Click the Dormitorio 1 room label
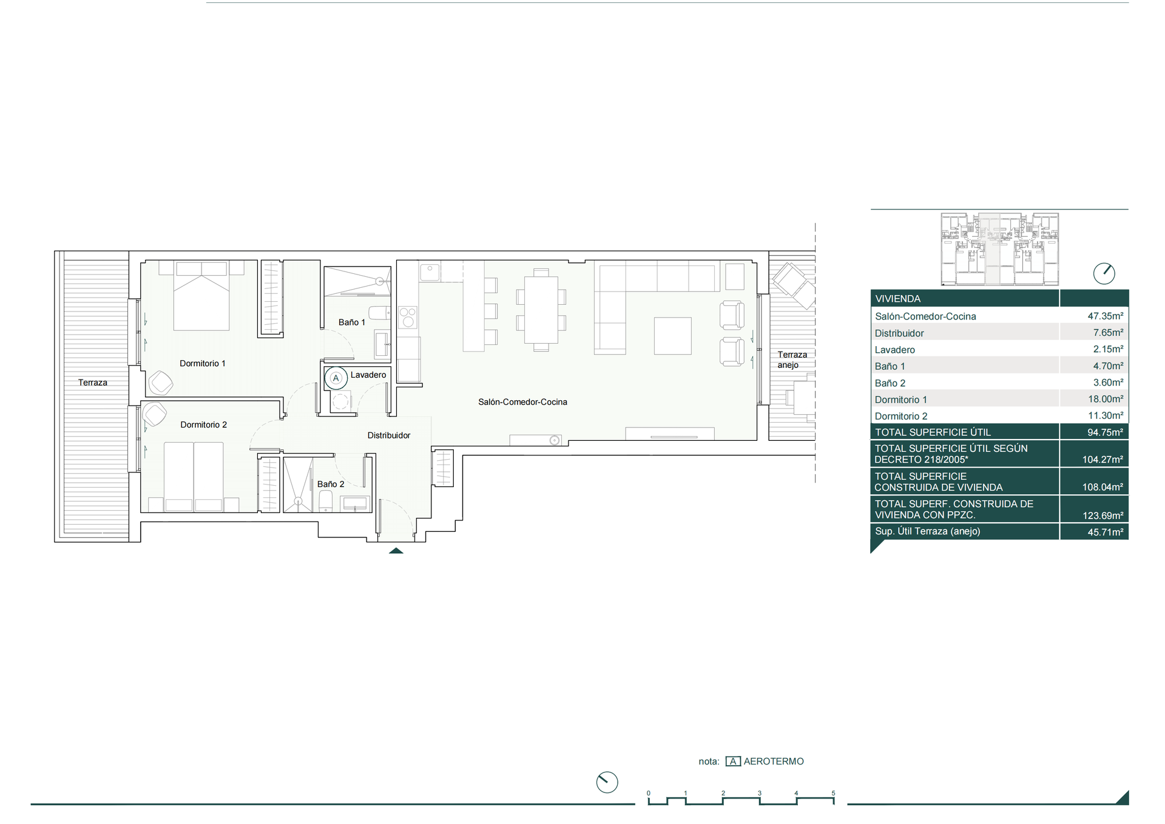click(x=202, y=363)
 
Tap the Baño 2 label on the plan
click(x=331, y=484)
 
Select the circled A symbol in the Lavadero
click(x=336, y=378)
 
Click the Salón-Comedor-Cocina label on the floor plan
click(x=522, y=402)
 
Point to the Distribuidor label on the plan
click(x=389, y=435)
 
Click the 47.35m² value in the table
click(x=1105, y=316)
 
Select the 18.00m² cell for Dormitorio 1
click(x=1105, y=400)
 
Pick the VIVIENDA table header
click(x=897, y=299)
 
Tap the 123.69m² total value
click(x=1103, y=516)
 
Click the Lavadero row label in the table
click(x=894, y=350)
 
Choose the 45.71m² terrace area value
click(x=1105, y=532)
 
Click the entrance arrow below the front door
click(x=396, y=551)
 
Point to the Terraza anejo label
click(x=792, y=359)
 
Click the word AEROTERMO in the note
click(x=774, y=761)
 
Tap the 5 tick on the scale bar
click(x=833, y=793)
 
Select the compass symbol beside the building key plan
click(x=1104, y=273)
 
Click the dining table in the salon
click(x=541, y=310)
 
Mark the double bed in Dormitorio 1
click(x=201, y=296)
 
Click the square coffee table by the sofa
click(x=672, y=336)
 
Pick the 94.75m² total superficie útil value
click(x=1105, y=432)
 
